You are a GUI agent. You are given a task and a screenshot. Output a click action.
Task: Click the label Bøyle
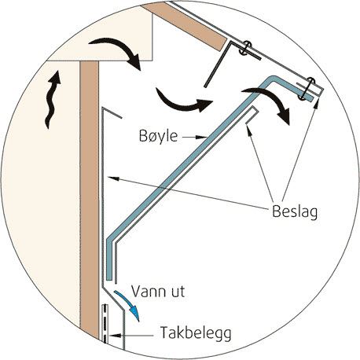(158, 136)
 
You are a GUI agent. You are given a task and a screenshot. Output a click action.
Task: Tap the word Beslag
(295, 211)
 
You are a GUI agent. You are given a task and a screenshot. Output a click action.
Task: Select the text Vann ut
(158, 291)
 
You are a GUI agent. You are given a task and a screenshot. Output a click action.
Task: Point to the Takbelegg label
(196, 332)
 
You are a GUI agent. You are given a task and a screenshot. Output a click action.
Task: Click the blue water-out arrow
(129, 304)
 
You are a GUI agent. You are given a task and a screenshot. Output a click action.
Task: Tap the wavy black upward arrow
(53, 99)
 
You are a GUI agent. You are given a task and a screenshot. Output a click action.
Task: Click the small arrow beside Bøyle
(195, 137)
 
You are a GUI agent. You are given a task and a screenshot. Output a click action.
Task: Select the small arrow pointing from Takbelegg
(131, 335)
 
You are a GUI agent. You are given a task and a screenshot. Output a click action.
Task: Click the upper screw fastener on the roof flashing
(245, 47)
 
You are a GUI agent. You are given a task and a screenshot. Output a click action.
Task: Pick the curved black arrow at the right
(270, 102)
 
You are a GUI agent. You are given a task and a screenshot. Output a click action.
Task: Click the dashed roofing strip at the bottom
(105, 323)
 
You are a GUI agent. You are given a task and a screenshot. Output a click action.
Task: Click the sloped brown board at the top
(187, 26)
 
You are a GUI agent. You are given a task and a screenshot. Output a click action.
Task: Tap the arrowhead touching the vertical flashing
(113, 178)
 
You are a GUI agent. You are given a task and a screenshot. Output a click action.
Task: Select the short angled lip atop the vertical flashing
(112, 112)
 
